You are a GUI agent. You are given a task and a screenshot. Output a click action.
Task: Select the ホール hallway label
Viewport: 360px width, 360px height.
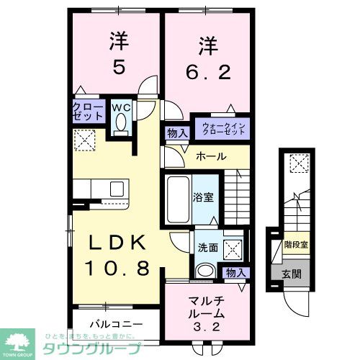click(212, 156)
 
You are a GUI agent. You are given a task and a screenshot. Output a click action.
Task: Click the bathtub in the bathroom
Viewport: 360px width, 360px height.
click(179, 194)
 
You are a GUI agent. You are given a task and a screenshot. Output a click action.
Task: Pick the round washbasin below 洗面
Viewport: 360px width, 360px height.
click(205, 270)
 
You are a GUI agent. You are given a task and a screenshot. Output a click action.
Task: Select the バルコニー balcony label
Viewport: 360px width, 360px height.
click(115, 324)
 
